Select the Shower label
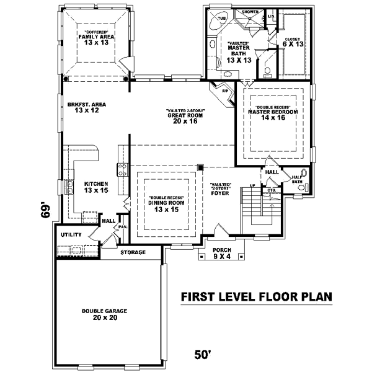coord(250,12)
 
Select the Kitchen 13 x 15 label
coord(97,187)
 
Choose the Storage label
coord(133,252)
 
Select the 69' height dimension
coord(43,211)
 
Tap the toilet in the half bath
coord(303,174)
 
